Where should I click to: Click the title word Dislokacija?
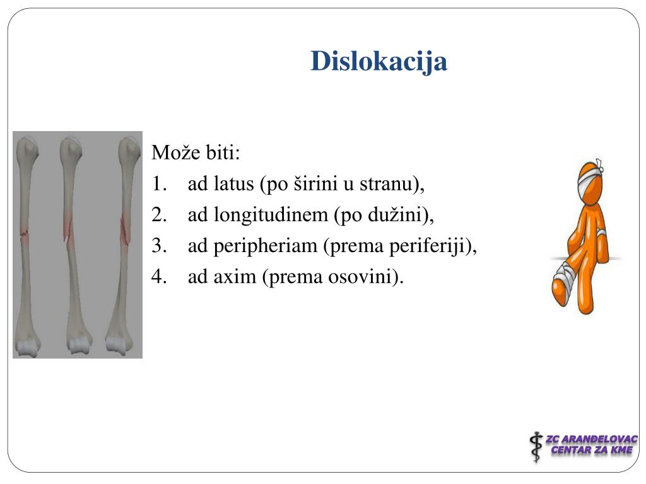(379, 62)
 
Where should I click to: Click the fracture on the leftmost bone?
(25, 234)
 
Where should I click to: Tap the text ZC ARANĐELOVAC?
(591, 439)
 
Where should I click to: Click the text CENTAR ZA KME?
(591, 450)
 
